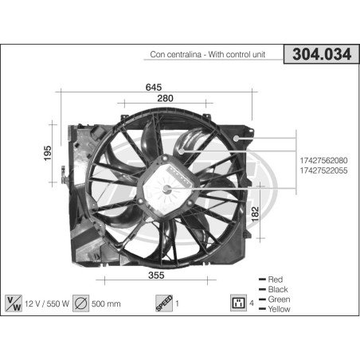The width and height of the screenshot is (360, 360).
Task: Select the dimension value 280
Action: point(165,97)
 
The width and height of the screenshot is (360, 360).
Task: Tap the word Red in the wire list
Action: point(276,280)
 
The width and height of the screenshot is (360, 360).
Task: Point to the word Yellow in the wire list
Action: point(280,309)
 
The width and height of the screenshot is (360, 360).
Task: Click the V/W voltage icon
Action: point(14,303)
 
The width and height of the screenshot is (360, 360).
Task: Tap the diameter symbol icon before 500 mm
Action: point(80,303)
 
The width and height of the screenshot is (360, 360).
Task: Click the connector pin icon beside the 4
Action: point(236,303)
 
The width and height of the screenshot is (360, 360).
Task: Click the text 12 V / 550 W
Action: point(47,303)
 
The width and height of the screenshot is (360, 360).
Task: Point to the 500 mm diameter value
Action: point(108,303)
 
